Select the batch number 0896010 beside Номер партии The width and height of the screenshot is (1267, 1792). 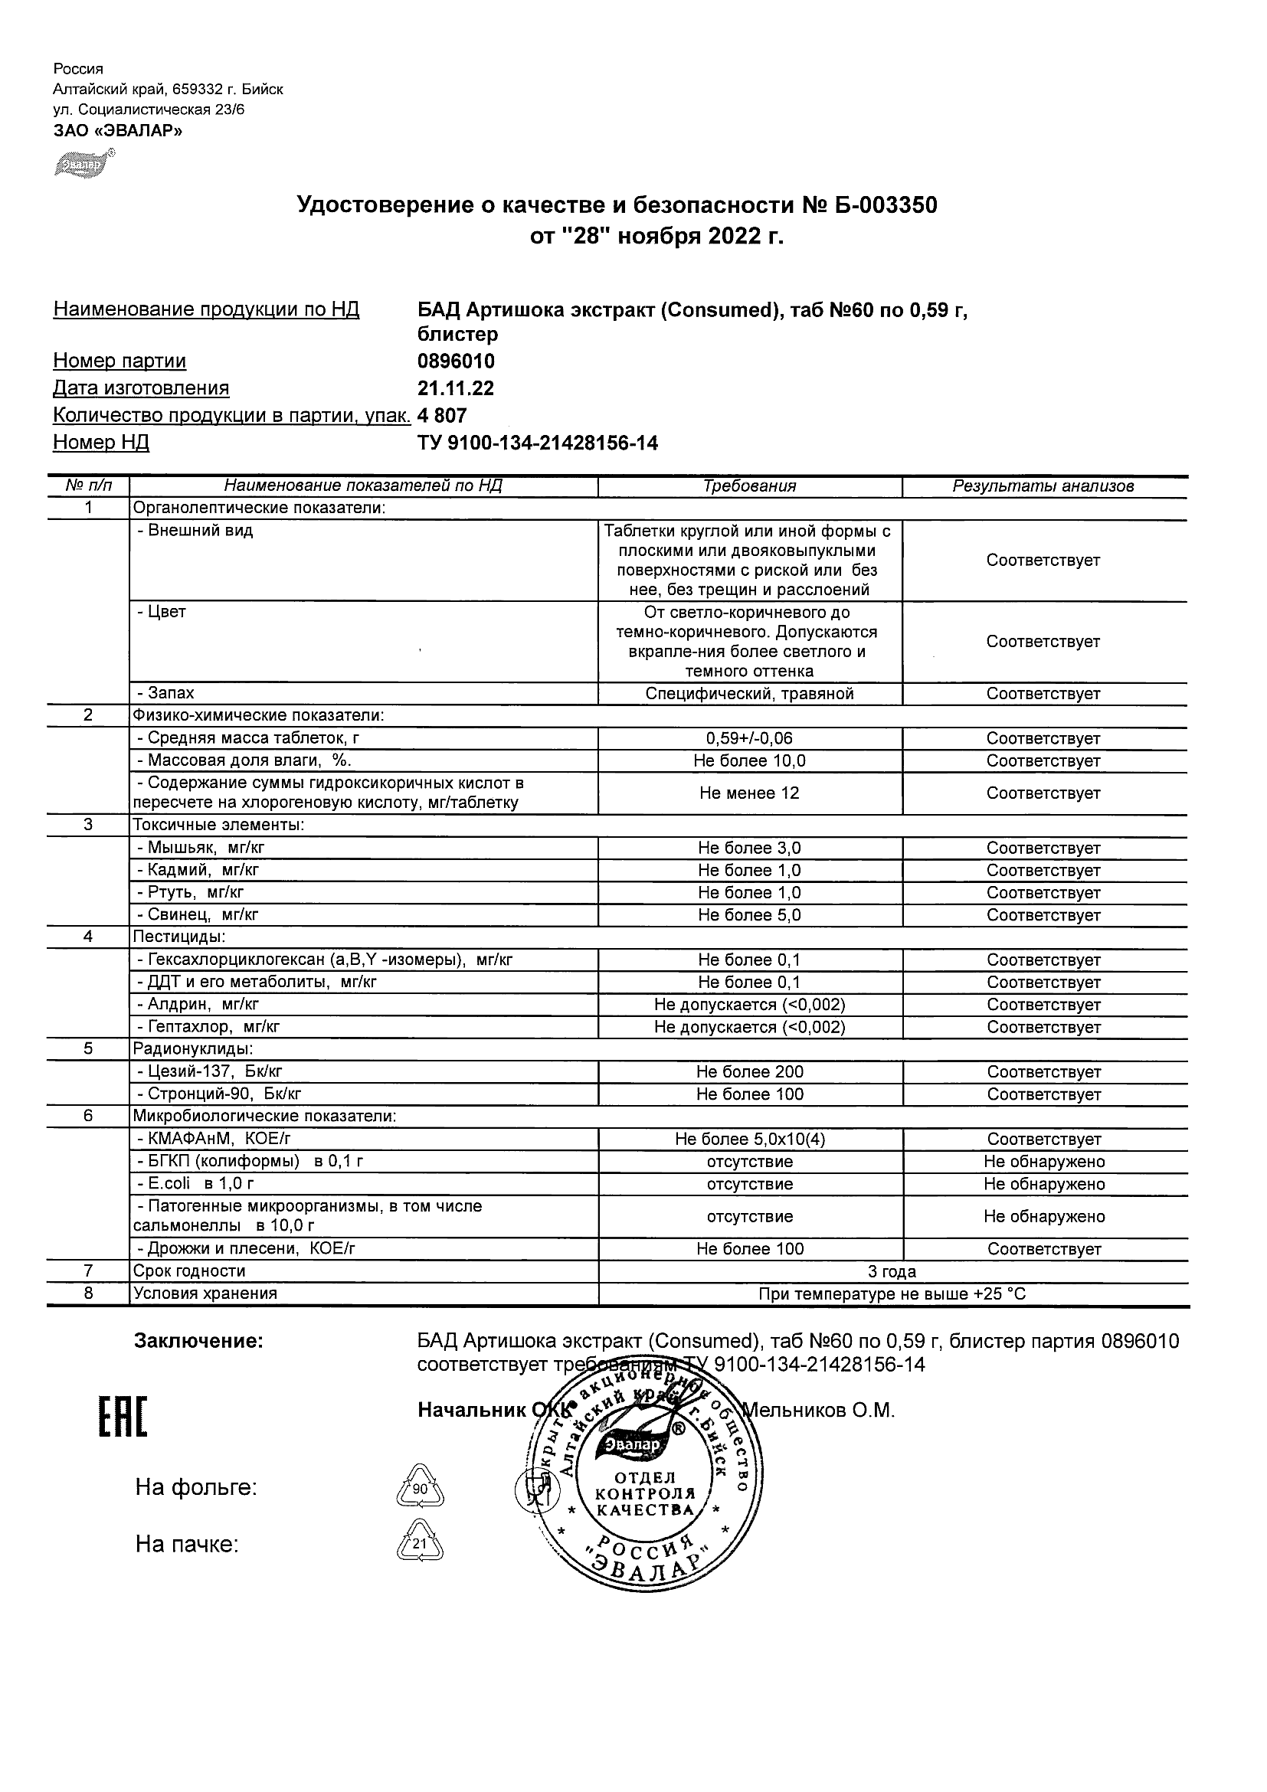coord(456,361)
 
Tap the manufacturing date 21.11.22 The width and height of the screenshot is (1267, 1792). coord(456,389)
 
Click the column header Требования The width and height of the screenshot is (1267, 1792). coord(749,486)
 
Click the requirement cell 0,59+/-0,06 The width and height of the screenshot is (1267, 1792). coord(749,738)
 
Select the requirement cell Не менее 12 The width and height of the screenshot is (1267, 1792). coord(749,793)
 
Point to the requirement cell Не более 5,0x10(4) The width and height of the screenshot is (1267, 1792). coord(749,1140)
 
